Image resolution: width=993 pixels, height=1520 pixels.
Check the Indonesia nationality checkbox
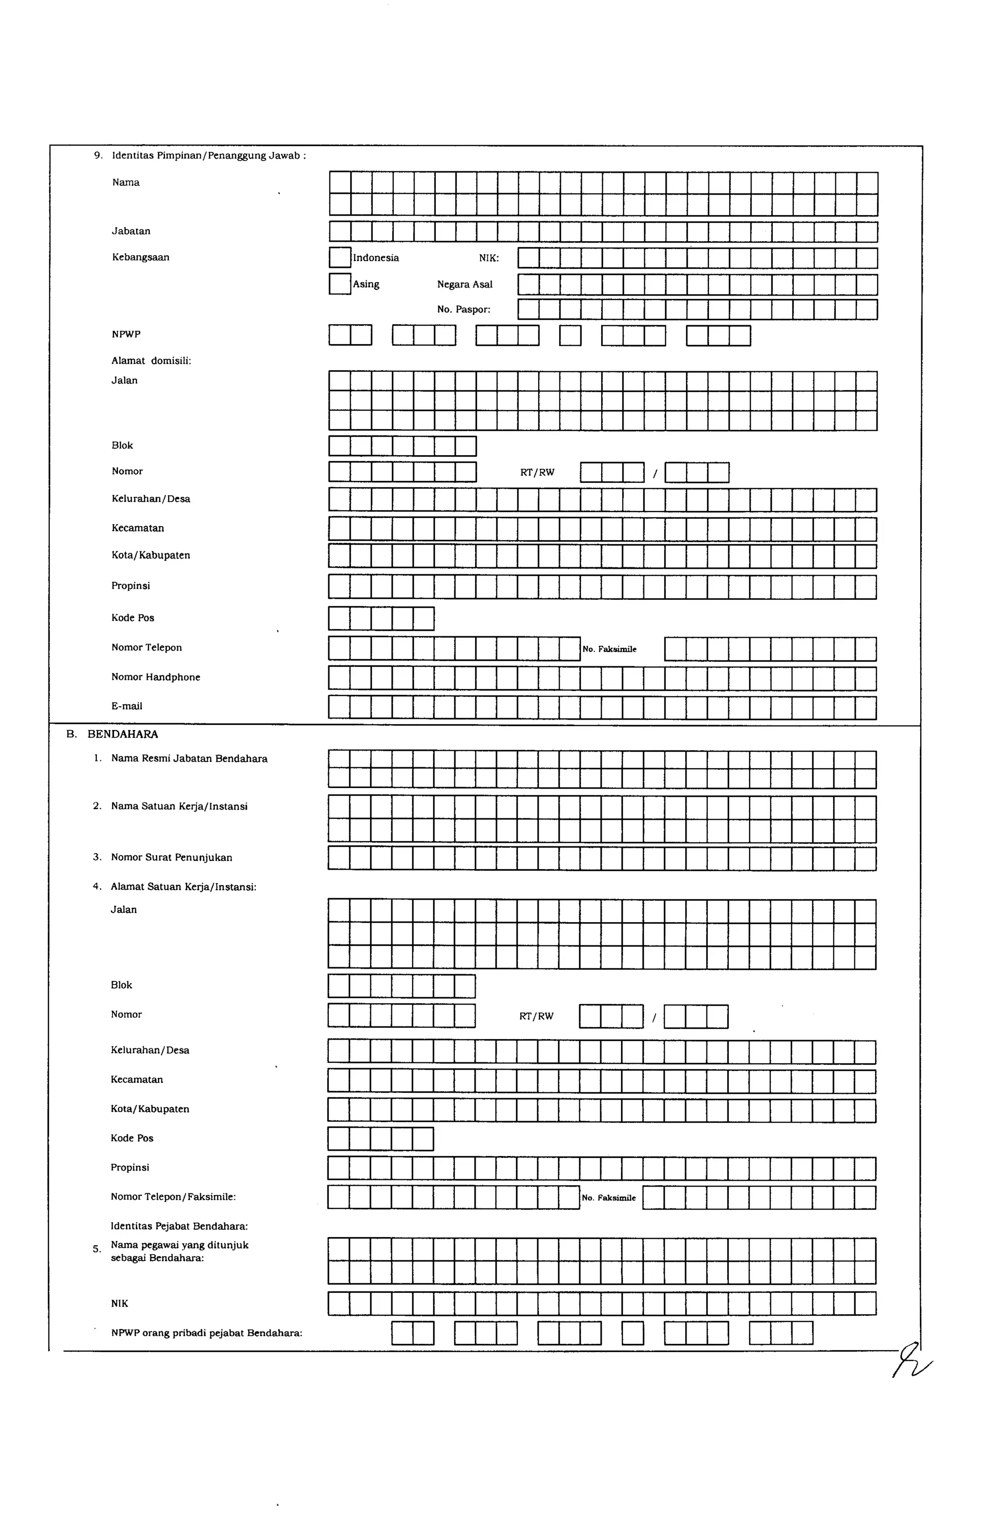339,257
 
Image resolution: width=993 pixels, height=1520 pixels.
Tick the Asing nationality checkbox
339,283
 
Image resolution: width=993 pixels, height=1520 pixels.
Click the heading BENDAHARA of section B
123,734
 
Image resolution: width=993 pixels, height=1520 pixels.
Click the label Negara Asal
464,284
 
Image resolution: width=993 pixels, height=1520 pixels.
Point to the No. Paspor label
464,309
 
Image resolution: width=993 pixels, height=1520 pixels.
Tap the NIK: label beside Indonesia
489,258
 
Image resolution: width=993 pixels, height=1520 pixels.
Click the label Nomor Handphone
156,677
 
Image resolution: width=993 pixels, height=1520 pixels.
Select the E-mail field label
127,706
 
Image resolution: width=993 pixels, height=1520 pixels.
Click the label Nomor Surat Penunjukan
171,857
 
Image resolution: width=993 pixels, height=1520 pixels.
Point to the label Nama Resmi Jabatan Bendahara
189,759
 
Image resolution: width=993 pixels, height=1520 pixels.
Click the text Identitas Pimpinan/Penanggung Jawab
208,155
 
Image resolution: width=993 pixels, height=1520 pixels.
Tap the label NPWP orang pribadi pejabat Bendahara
206,1333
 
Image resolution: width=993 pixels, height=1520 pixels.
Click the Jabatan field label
131,231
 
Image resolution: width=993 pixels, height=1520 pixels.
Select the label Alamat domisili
151,361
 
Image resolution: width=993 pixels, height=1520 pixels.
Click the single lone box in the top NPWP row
570,335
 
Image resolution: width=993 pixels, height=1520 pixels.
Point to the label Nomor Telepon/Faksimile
173,1196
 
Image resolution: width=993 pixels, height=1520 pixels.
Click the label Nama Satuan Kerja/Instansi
179,806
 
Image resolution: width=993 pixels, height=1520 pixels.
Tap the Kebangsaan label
141,257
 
